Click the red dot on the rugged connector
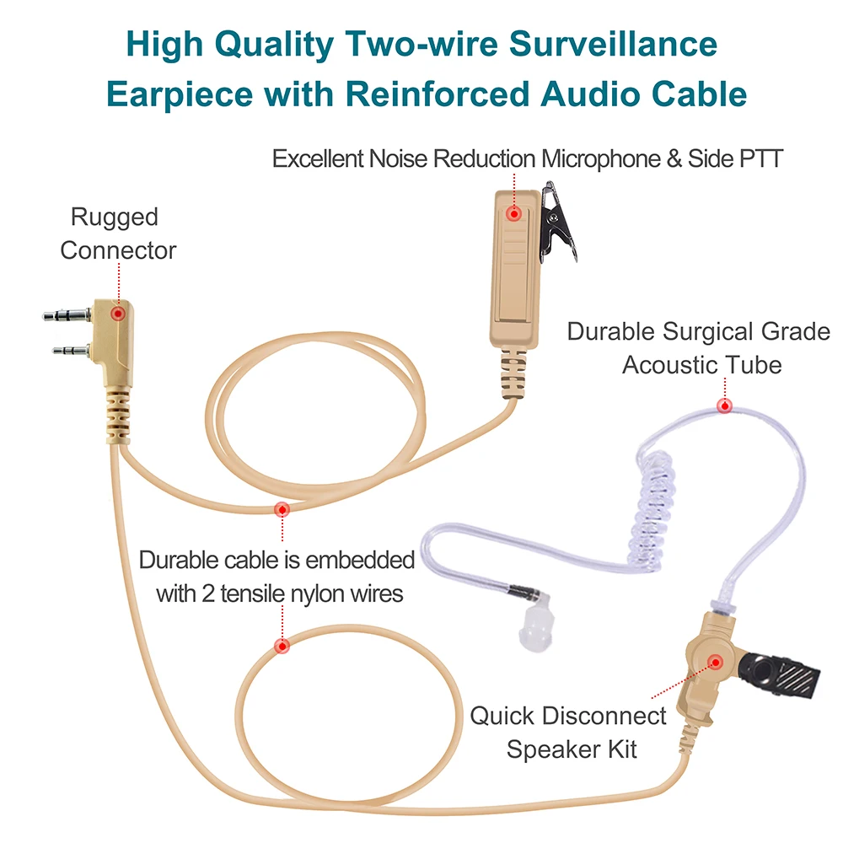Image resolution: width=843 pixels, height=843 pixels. [x=118, y=313]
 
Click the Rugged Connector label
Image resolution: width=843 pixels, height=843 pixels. [x=118, y=234]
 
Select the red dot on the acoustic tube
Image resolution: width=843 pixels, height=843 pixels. [x=723, y=406]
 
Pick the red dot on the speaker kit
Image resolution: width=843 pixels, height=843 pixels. [x=715, y=663]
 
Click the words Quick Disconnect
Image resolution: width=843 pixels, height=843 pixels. [x=567, y=717]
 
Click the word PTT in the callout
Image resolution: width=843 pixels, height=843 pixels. [x=760, y=158]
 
